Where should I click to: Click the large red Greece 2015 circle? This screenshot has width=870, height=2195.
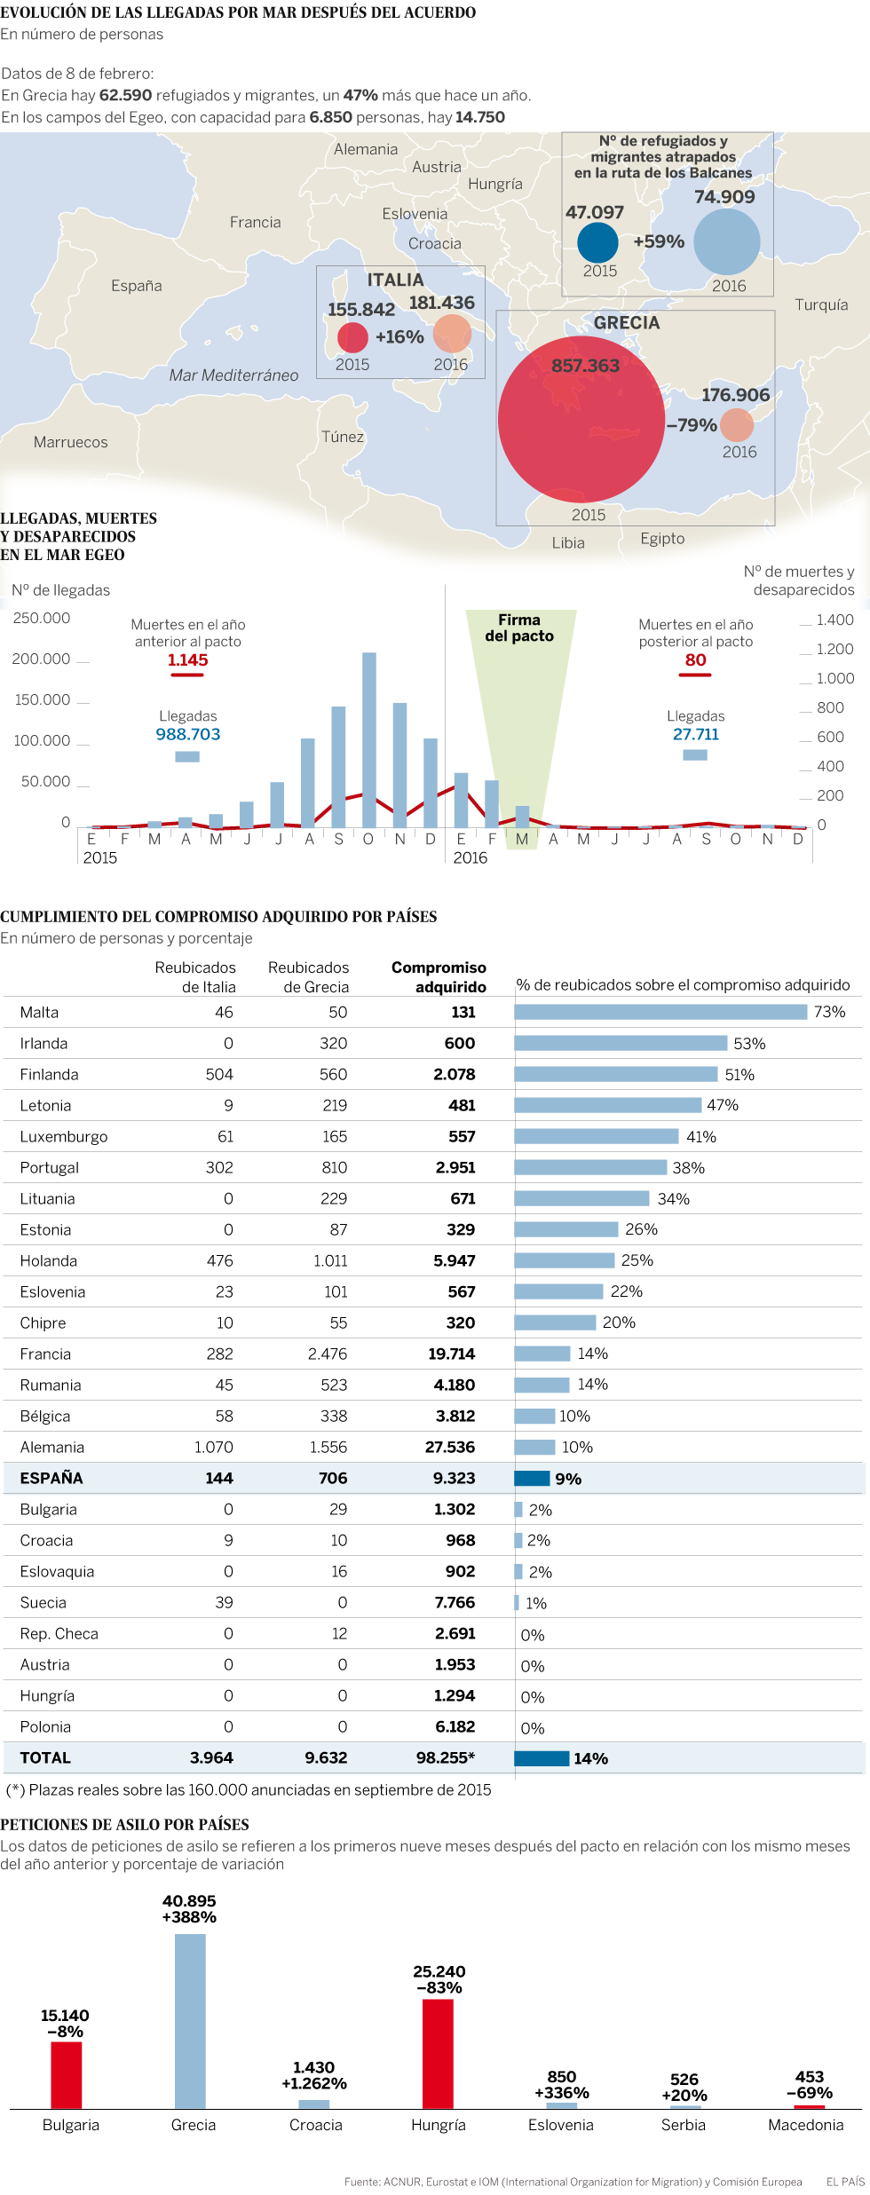click(581, 419)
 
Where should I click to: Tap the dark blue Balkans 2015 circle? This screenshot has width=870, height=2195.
click(597, 242)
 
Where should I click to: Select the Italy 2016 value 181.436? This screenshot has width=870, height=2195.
click(441, 303)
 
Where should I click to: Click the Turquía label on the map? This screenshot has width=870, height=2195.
click(821, 304)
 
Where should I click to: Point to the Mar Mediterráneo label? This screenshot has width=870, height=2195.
click(233, 375)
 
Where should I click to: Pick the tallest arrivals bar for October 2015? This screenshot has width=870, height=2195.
click(369, 738)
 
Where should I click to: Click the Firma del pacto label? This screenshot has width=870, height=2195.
click(519, 628)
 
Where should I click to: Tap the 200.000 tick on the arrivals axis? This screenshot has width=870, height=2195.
click(41, 659)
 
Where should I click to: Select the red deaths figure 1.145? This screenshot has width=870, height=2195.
click(187, 660)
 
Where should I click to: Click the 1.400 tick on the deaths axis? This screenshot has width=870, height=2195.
click(834, 620)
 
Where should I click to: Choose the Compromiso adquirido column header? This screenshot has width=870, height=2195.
click(439, 977)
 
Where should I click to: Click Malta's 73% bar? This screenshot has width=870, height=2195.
click(660, 1012)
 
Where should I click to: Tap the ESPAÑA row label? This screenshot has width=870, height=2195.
click(51, 1478)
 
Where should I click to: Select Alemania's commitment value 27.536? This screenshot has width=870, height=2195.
click(449, 1447)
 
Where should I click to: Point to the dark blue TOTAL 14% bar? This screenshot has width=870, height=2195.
click(542, 1758)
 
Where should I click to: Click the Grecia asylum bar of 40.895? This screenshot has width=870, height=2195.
click(190, 2020)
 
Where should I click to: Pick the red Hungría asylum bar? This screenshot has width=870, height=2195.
click(438, 2053)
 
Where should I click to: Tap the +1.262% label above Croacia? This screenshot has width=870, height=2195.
click(314, 2083)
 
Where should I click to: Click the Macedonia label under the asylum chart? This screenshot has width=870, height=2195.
click(805, 2125)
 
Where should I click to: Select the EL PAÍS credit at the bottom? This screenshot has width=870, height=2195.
click(845, 2182)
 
